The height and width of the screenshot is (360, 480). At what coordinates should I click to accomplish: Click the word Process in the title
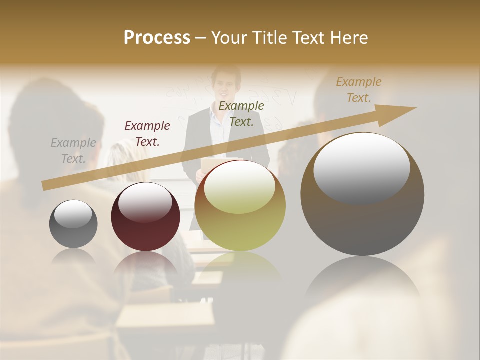[157, 38]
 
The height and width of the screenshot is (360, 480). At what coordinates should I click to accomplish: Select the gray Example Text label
[73, 151]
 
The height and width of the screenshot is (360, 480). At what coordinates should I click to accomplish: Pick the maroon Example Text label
[147, 134]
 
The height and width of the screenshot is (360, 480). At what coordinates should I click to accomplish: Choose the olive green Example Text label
[241, 113]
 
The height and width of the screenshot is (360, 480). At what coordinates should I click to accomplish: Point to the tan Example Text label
[359, 90]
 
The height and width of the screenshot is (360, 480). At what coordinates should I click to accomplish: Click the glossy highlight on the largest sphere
[361, 168]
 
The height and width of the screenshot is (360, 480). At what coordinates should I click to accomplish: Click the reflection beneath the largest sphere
[362, 280]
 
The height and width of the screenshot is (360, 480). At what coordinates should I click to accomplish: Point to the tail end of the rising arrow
[46, 186]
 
